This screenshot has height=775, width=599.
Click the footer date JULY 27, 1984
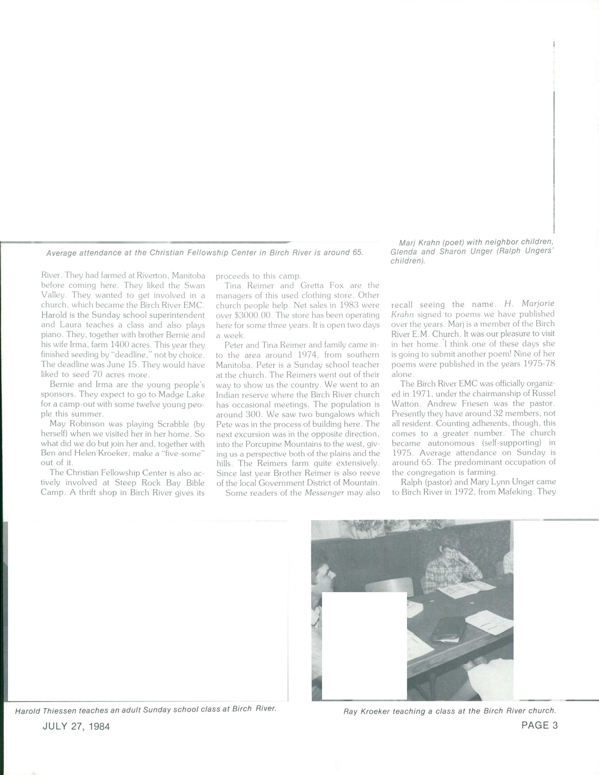click(x=76, y=726)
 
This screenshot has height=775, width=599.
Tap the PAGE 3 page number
click(x=539, y=725)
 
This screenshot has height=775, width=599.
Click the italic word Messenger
click(x=324, y=493)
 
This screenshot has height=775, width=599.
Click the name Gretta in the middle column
click(x=312, y=286)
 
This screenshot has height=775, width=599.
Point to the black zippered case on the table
click(x=448, y=630)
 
